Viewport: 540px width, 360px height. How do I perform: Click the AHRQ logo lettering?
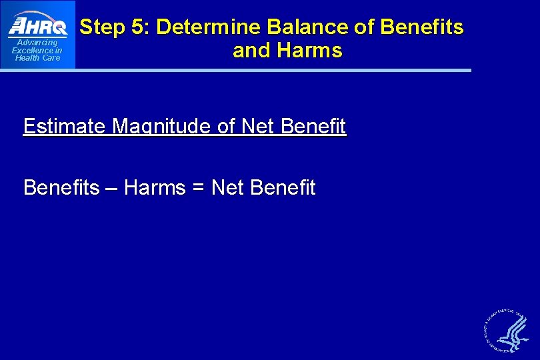(37, 26)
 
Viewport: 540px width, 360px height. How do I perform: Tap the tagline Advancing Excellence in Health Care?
(37, 50)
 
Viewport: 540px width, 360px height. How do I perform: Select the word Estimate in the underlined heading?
(63, 126)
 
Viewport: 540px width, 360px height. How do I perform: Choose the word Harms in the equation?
(155, 188)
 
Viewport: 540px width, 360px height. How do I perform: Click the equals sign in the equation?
(198, 189)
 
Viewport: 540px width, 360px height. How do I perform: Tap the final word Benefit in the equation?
(283, 188)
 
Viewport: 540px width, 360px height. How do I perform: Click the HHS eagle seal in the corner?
(505, 331)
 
